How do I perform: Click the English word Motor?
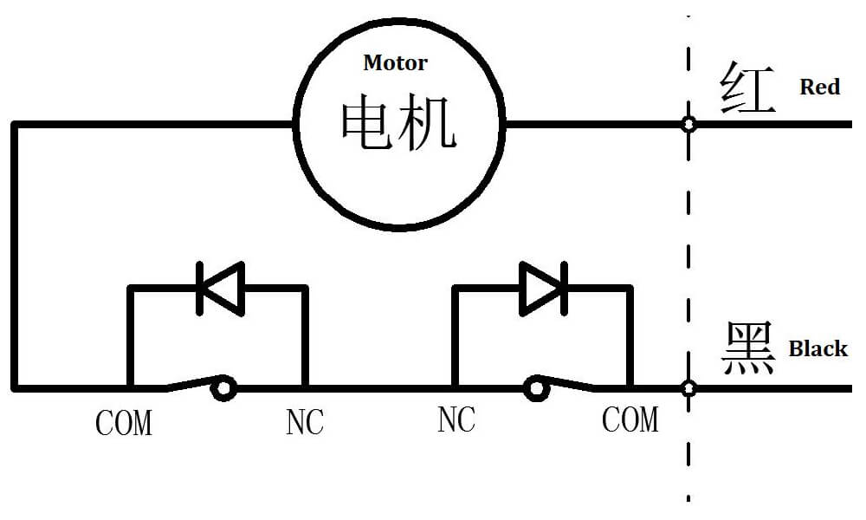coord(395,62)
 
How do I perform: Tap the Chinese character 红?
coord(746,88)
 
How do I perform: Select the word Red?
coord(819,87)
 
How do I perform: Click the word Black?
coord(818,348)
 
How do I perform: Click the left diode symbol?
coord(220,287)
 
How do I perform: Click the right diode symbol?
coord(543,287)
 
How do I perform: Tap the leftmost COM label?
coord(123,423)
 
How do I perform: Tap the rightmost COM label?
coord(630,419)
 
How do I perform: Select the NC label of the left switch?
coord(304,422)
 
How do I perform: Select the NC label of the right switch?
coord(456,419)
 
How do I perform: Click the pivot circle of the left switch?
coord(224,388)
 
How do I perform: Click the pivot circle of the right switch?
coord(538,387)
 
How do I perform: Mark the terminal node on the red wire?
coord(688,125)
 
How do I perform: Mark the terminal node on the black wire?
coord(688,388)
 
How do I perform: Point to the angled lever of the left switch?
coord(191,383)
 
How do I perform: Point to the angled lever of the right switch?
coord(572,383)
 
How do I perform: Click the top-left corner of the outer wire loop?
coord(15,125)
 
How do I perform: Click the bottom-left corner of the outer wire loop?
coord(15,388)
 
